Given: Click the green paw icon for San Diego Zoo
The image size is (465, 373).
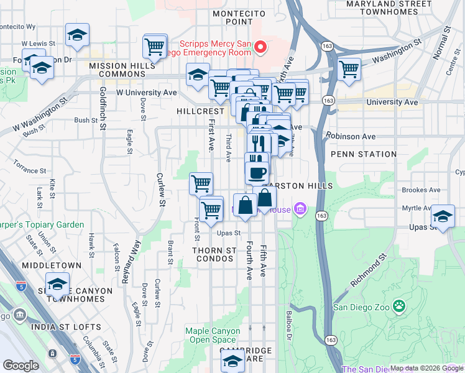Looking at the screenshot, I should click(x=399, y=305).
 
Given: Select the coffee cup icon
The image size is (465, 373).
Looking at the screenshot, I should click(x=257, y=171).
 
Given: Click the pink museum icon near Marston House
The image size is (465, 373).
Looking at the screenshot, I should click(x=301, y=209).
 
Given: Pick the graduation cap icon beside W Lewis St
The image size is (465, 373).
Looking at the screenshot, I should click(x=77, y=35).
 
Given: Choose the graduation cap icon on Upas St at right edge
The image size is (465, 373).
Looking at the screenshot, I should click(x=442, y=216).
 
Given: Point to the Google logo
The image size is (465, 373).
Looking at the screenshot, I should click(x=21, y=366).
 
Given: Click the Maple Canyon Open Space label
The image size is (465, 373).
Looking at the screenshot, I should click(x=211, y=336).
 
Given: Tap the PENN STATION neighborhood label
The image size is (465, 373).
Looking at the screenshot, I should click(x=364, y=154).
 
